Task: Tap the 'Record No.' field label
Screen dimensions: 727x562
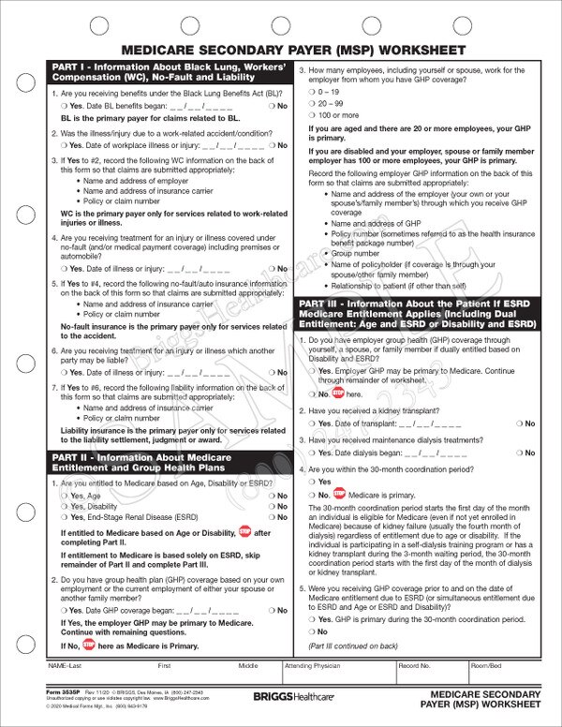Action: [413, 666]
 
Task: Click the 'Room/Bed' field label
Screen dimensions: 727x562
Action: [487, 666]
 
